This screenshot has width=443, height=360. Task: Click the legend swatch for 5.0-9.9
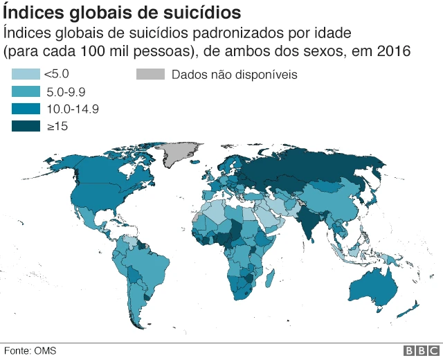(26, 91)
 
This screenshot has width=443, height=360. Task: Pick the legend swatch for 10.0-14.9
(26, 109)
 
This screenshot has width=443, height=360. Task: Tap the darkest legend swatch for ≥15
(26, 126)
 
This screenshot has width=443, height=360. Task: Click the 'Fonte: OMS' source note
(29, 350)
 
